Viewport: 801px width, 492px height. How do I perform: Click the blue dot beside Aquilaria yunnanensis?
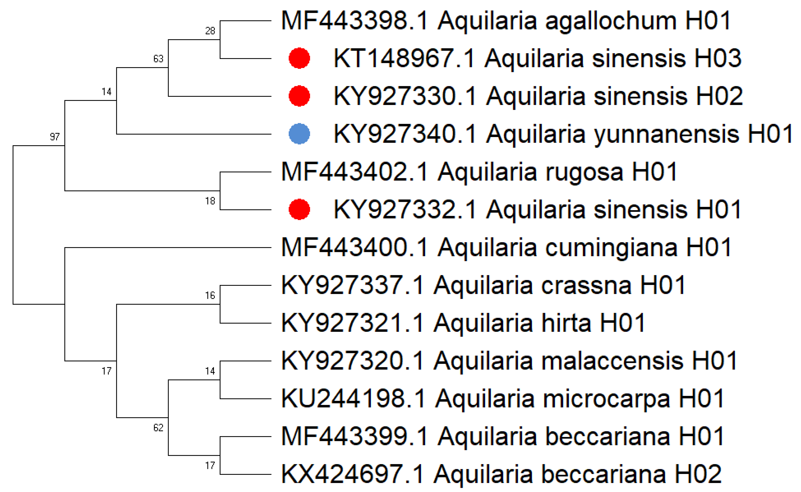point(299,134)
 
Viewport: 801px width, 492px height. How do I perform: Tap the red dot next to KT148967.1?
point(299,58)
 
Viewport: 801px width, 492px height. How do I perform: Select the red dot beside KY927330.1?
point(299,96)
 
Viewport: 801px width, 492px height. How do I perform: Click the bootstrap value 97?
point(55,137)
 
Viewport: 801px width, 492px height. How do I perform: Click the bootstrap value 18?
point(210,201)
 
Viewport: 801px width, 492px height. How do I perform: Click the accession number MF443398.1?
point(354,21)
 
